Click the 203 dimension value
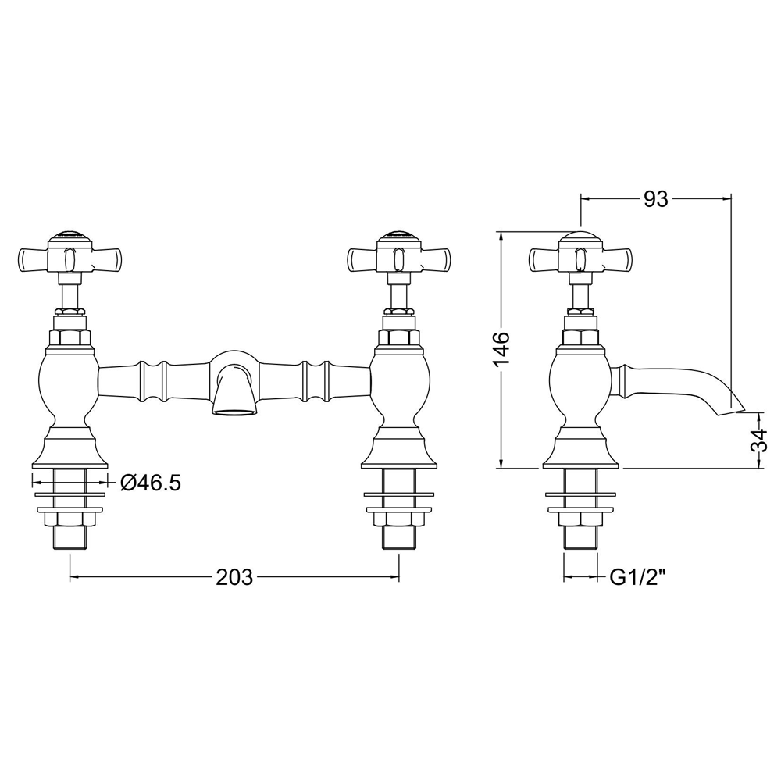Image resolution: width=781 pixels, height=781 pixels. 234,577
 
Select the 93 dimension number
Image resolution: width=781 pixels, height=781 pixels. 655,199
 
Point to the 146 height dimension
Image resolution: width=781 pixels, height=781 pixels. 501,348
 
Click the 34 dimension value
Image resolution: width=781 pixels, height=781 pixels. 760,439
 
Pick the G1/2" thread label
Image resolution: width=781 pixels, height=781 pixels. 638,577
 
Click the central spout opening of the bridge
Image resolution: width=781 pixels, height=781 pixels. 234,411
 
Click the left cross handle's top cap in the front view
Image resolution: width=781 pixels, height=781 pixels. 70,234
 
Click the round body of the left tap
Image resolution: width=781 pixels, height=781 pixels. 70,389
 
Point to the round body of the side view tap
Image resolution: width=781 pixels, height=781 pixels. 580,389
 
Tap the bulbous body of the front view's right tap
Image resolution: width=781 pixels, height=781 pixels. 399,389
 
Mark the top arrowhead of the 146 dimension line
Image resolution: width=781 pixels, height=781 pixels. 501,235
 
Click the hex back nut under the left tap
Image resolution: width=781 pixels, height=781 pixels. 70,519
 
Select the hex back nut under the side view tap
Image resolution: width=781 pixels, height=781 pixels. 580,519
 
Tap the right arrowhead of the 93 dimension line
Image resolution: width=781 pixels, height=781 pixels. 726,199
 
